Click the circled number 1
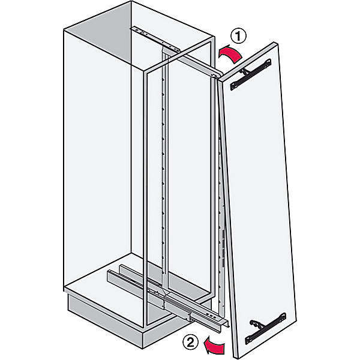click(238, 36)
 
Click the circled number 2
click(190, 343)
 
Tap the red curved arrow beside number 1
click(230, 54)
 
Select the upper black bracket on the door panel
click(251, 74)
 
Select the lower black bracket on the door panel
click(265, 328)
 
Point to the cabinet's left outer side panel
click(97, 158)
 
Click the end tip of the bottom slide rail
click(227, 322)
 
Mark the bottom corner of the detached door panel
click(235, 357)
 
